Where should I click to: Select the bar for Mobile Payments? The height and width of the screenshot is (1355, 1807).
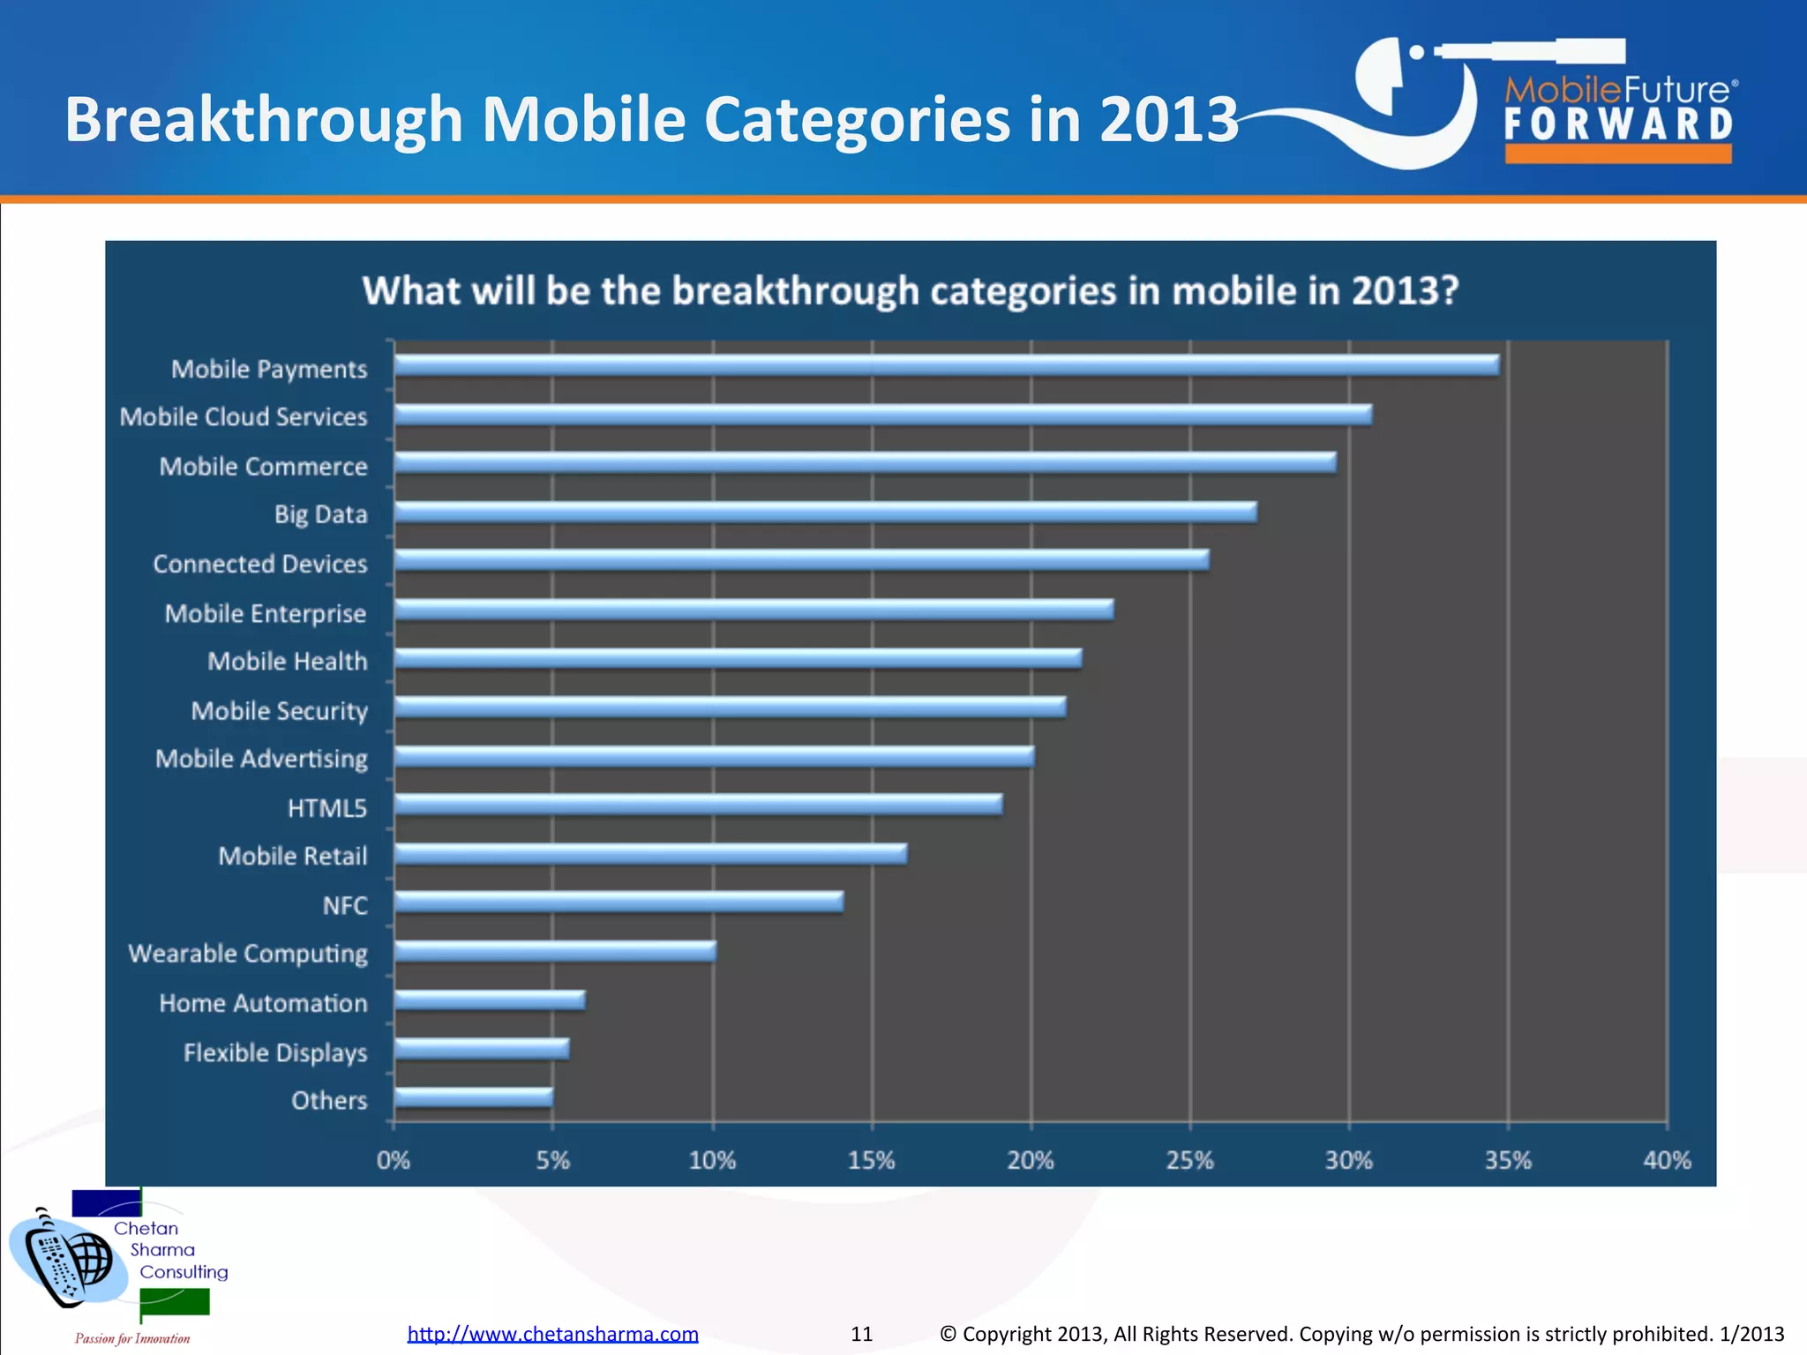tap(946, 365)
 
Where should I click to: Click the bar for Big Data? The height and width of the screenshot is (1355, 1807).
tap(825, 512)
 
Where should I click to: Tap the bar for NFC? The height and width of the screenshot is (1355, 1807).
tap(618, 902)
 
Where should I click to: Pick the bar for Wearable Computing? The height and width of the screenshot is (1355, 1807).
tap(554, 950)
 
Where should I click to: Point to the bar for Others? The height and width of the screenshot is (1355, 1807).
tap(473, 1097)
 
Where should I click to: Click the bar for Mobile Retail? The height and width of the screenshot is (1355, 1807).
tap(649, 853)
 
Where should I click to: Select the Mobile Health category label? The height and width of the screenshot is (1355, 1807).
tap(287, 662)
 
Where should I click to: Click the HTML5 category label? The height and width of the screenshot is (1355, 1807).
tap(326, 808)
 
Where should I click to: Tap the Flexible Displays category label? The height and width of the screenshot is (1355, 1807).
tap(274, 1052)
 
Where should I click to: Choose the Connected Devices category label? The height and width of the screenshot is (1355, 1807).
tap(259, 564)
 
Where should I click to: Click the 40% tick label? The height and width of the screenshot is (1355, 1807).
tap(1666, 1160)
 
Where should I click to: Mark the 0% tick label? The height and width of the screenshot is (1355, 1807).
tap(393, 1160)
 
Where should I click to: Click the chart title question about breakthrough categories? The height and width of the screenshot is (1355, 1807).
tap(911, 290)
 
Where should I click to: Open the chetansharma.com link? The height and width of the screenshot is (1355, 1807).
tap(552, 1334)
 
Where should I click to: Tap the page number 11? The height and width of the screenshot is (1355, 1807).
tap(861, 1334)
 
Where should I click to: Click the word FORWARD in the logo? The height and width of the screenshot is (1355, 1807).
tap(1618, 124)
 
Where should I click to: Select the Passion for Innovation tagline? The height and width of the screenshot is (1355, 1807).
tap(132, 1338)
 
